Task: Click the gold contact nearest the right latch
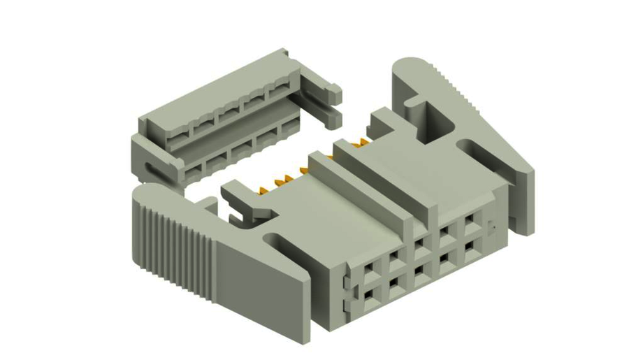[363, 143]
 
